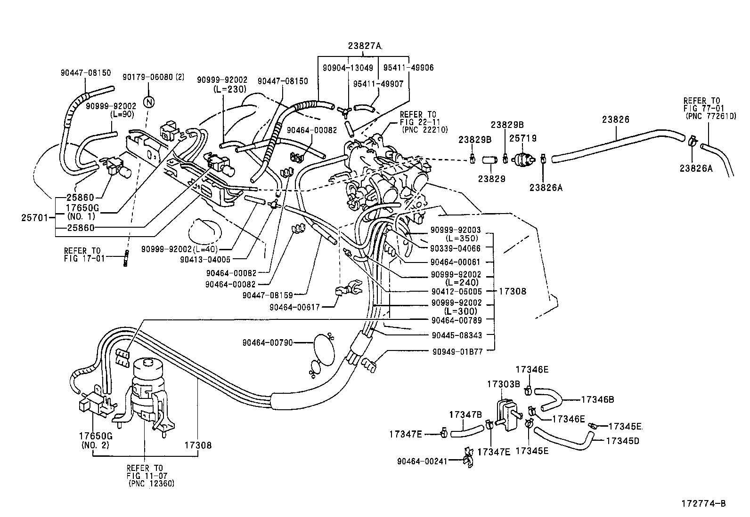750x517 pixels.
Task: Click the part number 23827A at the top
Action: (x=365, y=46)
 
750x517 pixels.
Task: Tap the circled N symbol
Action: (x=150, y=103)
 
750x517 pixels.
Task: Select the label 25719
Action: (x=522, y=139)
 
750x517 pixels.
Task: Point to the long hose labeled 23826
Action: (x=617, y=139)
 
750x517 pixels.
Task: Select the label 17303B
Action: (x=503, y=384)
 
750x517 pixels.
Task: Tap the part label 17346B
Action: (x=597, y=399)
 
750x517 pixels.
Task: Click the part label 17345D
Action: (x=622, y=441)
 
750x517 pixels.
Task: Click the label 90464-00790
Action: (x=268, y=343)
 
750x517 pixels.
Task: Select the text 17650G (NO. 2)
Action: (x=96, y=440)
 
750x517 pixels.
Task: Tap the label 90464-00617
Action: (x=294, y=307)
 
